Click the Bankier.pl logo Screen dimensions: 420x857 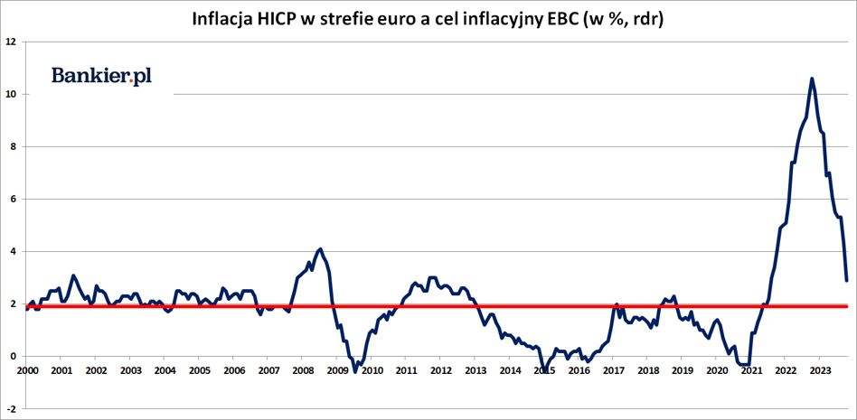click(x=101, y=76)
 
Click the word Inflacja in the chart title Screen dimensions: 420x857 click(x=222, y=19)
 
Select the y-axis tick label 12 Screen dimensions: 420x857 click(x=11, y=42)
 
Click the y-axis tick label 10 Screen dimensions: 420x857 click(x=11, y=94)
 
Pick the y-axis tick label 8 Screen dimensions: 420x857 click(x=14, y=146)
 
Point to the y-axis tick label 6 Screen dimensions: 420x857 click(x=14, y=199)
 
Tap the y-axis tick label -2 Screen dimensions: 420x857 click(x=12, y=408)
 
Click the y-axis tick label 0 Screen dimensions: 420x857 click(x=14, y=356)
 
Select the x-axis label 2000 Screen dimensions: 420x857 click(x=27, y=370)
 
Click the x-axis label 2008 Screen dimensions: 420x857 click(x=303, y=370)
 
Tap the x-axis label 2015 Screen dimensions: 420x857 click(x=544, y=370)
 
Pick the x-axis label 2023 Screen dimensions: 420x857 click(x=820, y=370)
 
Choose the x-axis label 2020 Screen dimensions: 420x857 click(x=717, y=370)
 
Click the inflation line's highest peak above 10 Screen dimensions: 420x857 click(x=812, y=79)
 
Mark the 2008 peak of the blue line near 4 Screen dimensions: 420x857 click(x=320, y=249)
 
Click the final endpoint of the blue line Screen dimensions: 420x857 click(x=846, y=280)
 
